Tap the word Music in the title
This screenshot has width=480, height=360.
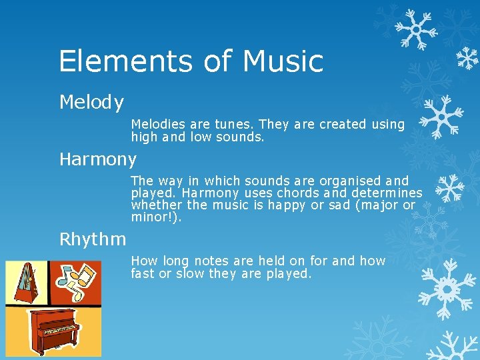tap(283, 61)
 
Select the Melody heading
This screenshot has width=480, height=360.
tap(91, 103)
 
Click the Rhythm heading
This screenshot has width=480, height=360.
tap(93, 239)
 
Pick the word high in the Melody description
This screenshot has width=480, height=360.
tap(143, 137)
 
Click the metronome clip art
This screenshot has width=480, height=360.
tap(27, 283)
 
